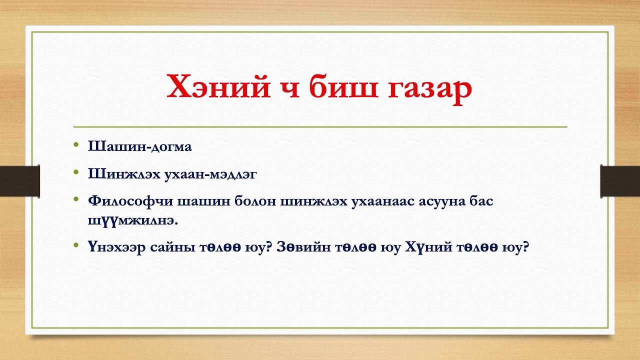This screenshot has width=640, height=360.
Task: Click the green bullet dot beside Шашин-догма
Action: point(76,145)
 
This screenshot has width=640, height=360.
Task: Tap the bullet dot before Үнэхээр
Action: point(76,245)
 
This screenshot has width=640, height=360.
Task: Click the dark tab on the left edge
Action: point(19,180)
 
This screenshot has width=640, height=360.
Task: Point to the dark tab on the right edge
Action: point(620,180)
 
